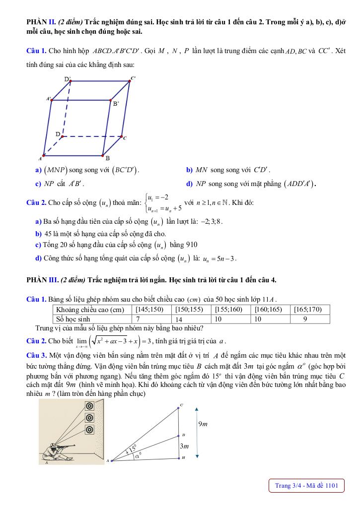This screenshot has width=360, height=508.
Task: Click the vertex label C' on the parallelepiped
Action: click(x=133, y=78)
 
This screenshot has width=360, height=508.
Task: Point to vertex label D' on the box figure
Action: click(x=68, y=79)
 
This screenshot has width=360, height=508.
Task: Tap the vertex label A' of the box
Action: click(x=49, y=99)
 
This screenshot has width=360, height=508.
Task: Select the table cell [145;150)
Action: click(x=152, y=310)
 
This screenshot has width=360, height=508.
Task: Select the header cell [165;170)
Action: click(x=310, y=310)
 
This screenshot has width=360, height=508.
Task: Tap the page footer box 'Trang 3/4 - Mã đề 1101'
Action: click(x=306, y=486)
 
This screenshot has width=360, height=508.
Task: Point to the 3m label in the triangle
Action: click(x=185, y=446)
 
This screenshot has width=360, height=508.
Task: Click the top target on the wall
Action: click(x=90, y=406)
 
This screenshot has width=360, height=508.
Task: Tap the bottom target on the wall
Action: click(x=90, y=430)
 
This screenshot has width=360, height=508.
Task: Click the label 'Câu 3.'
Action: click(x=36, y=355)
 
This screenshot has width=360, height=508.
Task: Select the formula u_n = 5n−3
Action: click(x=219, y=258)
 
